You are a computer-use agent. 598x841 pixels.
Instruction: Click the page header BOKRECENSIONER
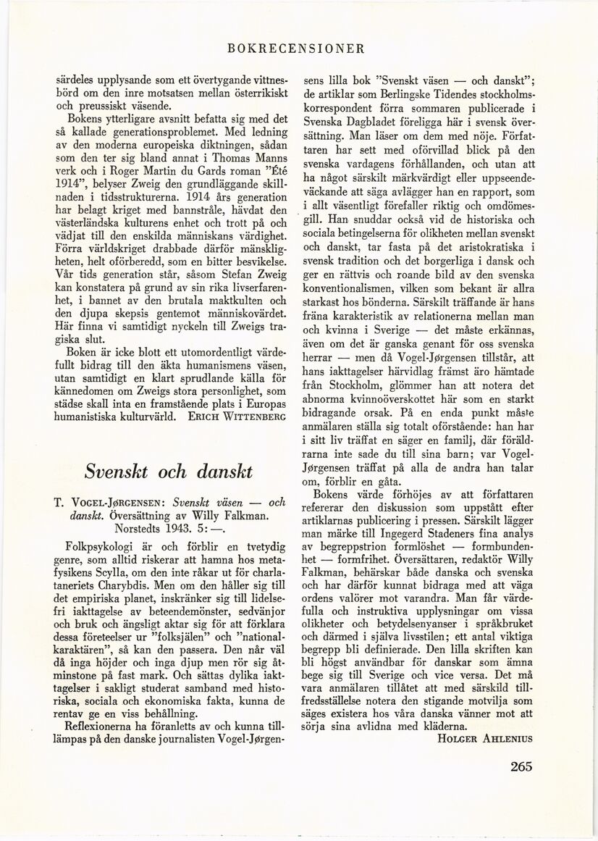295,49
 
